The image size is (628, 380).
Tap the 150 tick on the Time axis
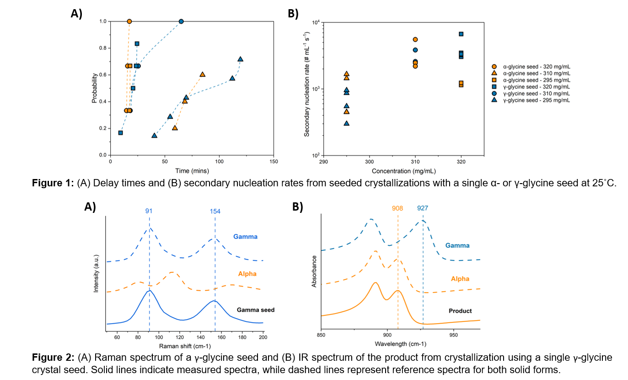[x=274, y=162]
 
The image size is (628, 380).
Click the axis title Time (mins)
[x=192, y=171]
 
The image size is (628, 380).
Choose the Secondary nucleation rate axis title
[x=307, y=89]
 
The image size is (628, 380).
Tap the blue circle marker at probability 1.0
[x=181, y=22]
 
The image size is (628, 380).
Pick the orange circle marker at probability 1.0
[x=129, y=22]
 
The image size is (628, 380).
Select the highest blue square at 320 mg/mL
[x=461, y=34]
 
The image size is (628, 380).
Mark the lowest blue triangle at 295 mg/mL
[x=347, y=123]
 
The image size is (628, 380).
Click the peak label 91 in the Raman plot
[x=149, y=211]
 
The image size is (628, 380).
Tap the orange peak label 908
[x=397, y=208]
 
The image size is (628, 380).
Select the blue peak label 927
[x=423, y=208]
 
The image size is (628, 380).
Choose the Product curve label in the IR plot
[x=460, y=311]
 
